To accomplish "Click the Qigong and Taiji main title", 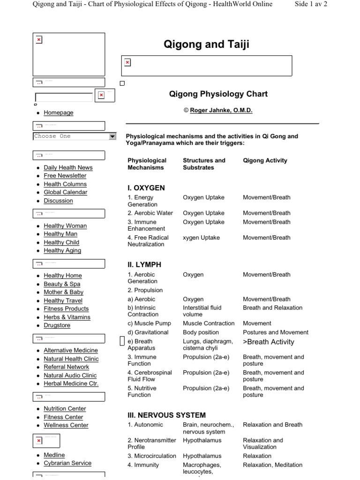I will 206,45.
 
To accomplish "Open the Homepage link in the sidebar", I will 59,113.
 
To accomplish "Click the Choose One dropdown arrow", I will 112,136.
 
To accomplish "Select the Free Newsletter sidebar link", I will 65,176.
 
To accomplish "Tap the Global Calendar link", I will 66,192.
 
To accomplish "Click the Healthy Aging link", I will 62,251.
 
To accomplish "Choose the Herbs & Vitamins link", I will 67,317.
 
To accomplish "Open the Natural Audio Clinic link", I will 70,375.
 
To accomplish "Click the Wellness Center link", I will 66,426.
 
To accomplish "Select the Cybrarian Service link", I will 67,463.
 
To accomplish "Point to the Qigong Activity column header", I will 265,160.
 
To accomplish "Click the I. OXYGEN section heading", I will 146,188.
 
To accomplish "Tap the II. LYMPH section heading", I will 144,265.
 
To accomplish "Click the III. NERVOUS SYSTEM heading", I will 166,415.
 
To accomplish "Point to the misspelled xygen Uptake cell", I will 201,238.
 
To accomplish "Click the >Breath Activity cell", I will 269,342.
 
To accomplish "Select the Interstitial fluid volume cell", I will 202,311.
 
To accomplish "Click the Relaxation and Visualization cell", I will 263,443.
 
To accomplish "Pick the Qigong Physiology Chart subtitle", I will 218,94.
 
